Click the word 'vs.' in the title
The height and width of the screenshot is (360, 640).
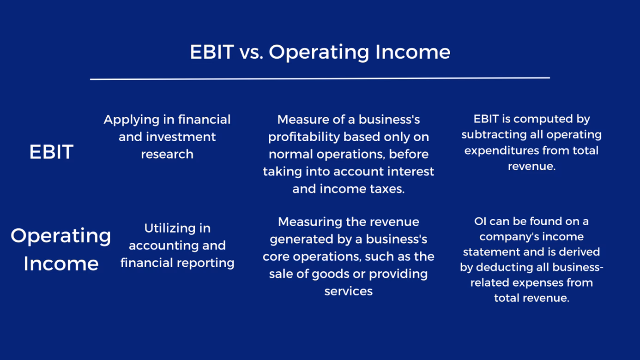251,52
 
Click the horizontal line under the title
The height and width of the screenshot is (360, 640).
320,78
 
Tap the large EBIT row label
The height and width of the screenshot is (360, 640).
51,152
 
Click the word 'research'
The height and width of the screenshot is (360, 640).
167,154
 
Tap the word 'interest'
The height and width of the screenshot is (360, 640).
411,172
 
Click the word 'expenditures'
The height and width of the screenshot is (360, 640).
502,150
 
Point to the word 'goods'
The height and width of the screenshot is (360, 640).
329,274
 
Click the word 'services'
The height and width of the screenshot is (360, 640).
349,291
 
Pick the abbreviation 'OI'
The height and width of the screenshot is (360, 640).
480,222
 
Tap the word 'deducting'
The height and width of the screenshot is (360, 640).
504,267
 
